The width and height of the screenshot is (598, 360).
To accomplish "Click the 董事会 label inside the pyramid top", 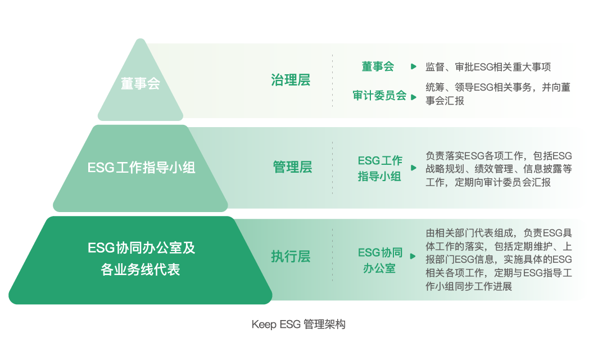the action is point(141,83).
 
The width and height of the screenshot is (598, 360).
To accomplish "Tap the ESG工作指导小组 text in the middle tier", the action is point(141,168).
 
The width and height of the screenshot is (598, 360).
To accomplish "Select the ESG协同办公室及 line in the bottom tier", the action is point(141,247).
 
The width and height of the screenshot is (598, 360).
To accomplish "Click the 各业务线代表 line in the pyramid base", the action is point(141,269).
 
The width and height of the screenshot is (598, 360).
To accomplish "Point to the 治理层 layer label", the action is point(291,80).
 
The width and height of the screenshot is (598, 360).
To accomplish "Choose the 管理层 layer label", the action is point(292,167).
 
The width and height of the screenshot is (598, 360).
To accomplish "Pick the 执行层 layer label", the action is point(291,256).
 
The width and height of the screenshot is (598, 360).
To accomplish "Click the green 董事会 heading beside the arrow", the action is point(378,66).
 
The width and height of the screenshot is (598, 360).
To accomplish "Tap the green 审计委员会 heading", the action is point(379,96).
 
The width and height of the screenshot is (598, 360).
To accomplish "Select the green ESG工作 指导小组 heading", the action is point(380,168).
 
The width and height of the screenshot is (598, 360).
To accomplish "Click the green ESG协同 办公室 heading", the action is point(380,260).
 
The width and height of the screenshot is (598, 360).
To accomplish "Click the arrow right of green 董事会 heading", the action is point(414,66).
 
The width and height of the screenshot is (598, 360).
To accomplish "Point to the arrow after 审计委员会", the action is point(414,97).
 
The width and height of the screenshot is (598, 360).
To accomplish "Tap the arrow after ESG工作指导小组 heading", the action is point(414,168).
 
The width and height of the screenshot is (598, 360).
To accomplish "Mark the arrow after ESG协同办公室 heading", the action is point(413,256).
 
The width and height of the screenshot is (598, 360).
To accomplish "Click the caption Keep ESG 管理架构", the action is point(298,325).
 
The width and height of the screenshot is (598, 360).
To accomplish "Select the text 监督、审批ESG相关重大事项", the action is point(488,67).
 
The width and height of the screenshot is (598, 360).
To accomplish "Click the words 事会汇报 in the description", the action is point(445,101).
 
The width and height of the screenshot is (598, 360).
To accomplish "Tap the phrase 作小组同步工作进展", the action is point(469,286).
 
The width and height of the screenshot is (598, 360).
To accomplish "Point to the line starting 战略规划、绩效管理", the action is point(499,169).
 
